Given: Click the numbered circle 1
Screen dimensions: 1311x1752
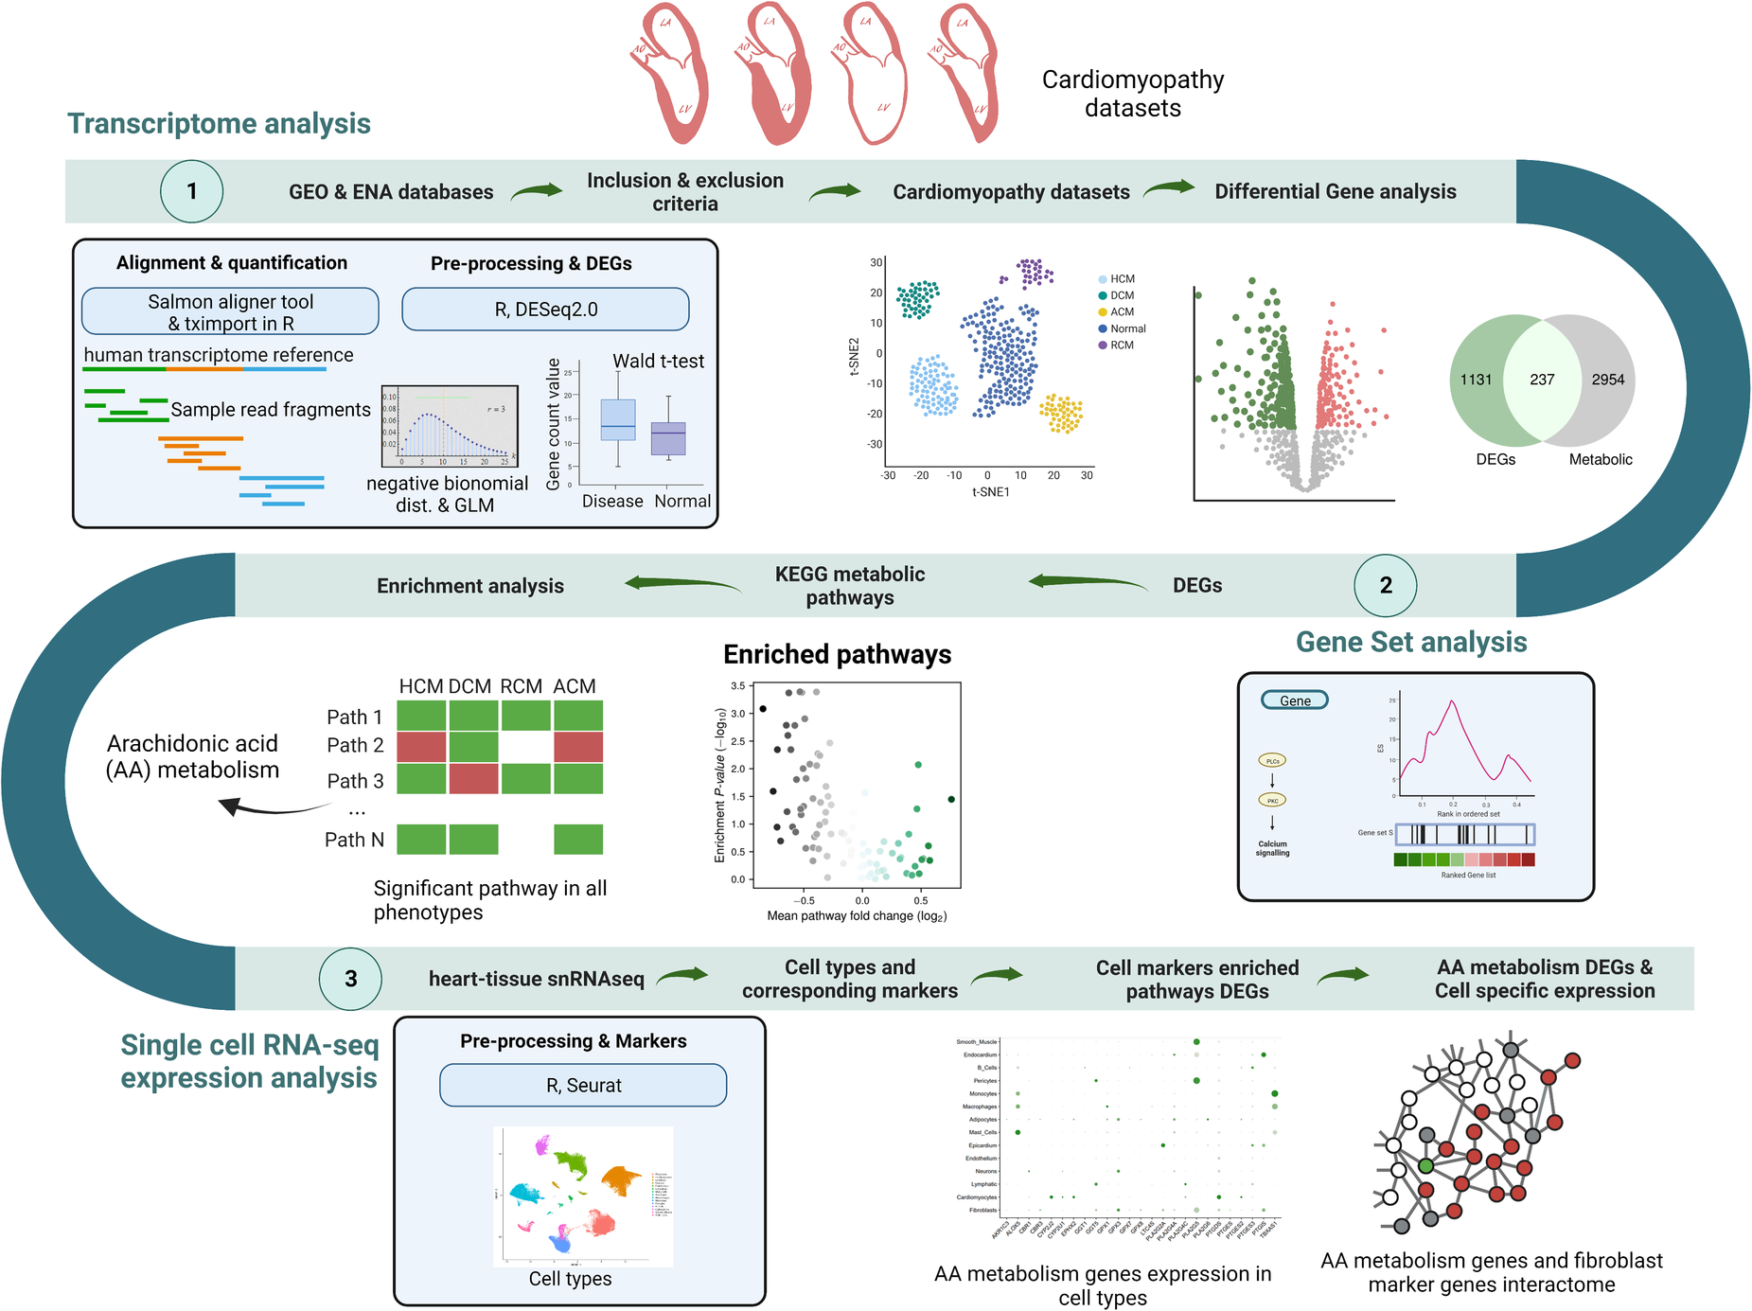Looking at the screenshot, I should coord(191,191).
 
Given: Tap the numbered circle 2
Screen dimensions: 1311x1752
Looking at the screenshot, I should coord(1385,585).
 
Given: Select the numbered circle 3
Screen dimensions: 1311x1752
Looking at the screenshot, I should coord(350,979).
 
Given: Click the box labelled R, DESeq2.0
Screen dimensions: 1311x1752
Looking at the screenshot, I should coord(545,310).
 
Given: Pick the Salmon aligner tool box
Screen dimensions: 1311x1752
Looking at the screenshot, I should coord(230,311).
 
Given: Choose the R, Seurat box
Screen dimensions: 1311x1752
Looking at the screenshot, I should coord(583,1085).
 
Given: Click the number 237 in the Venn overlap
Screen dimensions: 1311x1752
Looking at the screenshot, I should coord(1542,380).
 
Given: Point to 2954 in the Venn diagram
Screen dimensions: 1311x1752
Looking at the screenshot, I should coord(1607,380).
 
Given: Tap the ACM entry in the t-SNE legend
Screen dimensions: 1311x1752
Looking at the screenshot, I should coord(1122,312).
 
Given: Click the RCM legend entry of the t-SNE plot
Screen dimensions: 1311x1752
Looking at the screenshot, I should coord(1122,345).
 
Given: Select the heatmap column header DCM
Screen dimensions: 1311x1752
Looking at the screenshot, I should coord(469,686).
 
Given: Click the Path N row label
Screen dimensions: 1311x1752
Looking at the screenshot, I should coord(354,840).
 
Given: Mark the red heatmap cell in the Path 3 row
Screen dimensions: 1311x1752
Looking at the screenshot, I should coord(473,779).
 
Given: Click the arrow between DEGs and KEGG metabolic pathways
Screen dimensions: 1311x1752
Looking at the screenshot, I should coord(1088,582).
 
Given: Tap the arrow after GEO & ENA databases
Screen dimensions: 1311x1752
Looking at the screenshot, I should coord(537,192).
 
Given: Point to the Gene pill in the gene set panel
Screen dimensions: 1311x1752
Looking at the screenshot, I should coord(1295,700).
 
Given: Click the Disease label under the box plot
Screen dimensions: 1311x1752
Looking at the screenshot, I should coord(612,501).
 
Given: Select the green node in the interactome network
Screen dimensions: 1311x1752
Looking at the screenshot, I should coord(1425,1165).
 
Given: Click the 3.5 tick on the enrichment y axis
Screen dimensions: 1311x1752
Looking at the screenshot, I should coord(737,685).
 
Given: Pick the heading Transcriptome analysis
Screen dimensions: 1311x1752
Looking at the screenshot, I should coord(219,124).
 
